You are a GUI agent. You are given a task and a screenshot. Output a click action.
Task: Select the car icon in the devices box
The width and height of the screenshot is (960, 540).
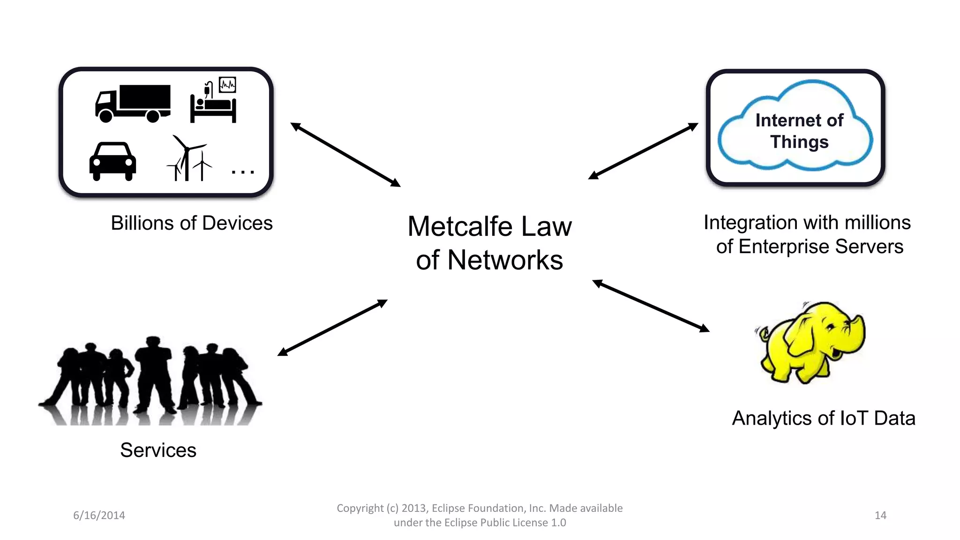coord(113,161)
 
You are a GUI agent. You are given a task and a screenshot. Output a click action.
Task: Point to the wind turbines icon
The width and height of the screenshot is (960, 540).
coord(188,159)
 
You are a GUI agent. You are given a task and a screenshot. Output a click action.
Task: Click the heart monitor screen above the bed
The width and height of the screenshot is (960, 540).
coord(227,85)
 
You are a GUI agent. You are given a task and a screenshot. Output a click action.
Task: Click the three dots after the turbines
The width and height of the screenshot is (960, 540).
coord(243,172)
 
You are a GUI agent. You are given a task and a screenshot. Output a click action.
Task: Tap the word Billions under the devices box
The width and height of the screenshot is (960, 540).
coord(143,223)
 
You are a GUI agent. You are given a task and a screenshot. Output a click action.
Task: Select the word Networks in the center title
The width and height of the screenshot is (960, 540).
coord(505,261)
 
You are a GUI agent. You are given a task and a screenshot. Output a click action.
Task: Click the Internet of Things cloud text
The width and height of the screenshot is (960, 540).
coord(799,131)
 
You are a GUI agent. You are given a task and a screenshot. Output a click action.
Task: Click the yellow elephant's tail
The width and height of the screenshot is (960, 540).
coord(763,334)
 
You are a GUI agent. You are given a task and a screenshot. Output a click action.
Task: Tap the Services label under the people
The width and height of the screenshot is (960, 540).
coord(158,450)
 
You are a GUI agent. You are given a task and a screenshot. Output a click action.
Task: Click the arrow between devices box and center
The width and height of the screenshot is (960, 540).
coord(345,155)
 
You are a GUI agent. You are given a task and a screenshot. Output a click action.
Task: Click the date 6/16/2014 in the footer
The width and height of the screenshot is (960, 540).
coord(99,516)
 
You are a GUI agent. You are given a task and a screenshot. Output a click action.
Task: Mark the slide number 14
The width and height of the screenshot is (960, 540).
coord(880,516)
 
